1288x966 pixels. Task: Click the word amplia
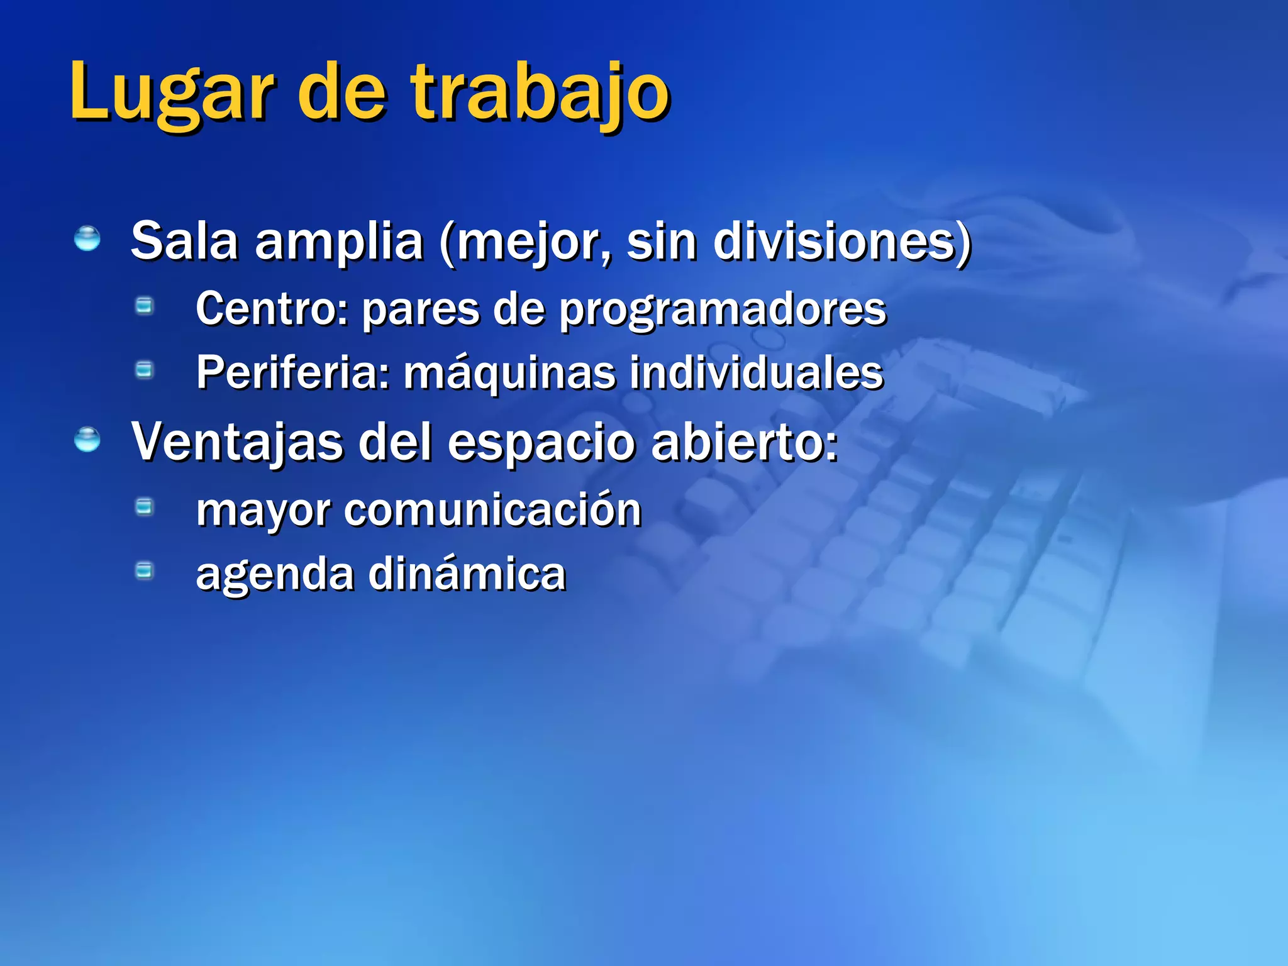[339, 243]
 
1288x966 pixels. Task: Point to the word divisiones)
[842, 241]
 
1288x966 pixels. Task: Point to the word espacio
[541, 444]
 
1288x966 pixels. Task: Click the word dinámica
[467, 574]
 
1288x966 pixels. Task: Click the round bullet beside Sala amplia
[87, 240]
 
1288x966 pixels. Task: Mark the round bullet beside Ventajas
[87, 440]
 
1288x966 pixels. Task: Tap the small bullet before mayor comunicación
[145, 506]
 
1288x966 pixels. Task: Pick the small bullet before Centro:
[145, 306]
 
